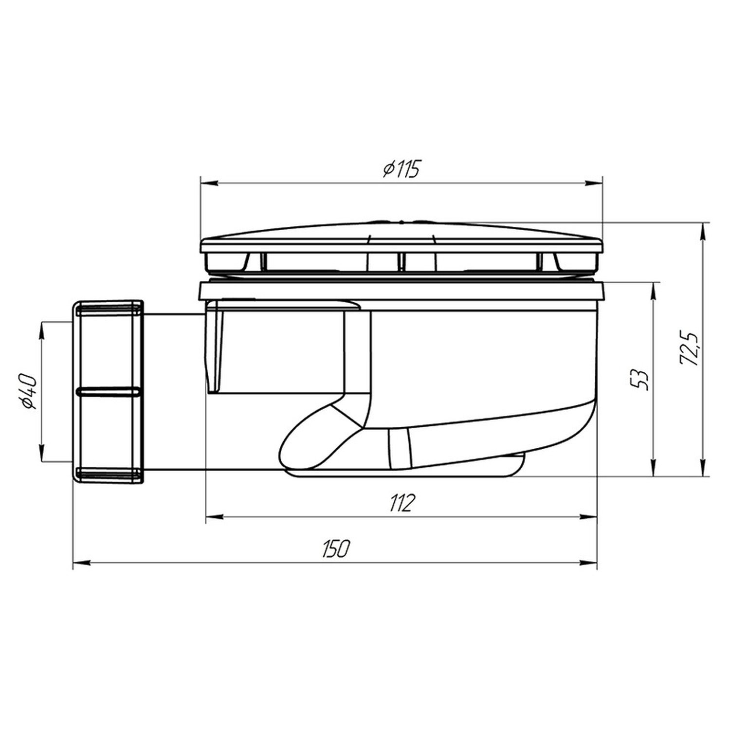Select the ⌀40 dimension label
coord(29,392)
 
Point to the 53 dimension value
coord(641,380)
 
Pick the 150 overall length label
coord(335,549)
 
